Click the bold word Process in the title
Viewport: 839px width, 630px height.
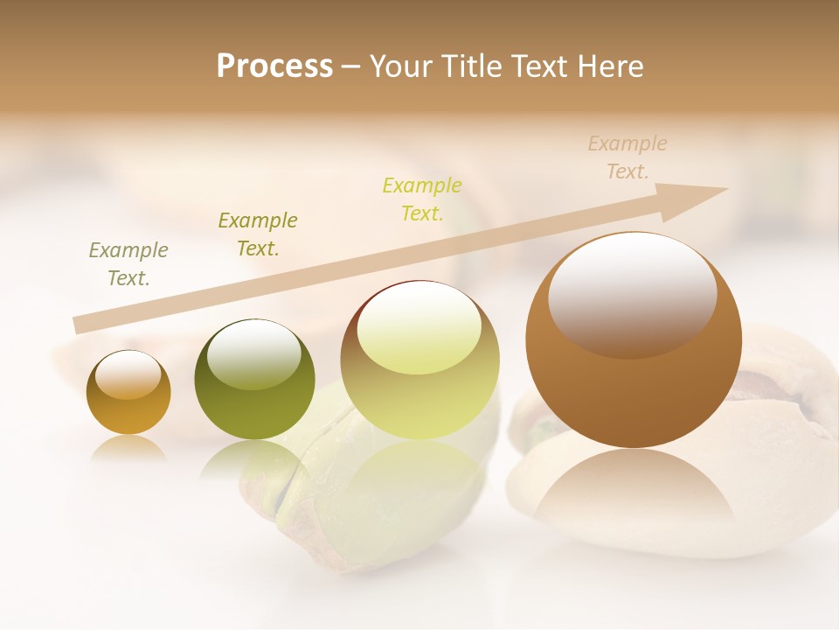(x=274, y=66)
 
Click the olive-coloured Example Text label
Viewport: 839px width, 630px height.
(x=258, y=234)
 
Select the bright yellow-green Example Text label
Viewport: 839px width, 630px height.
(x=422, y=199)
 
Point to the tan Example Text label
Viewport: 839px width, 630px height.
(x=628, y=157)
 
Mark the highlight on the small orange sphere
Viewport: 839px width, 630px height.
(x=128, y=374)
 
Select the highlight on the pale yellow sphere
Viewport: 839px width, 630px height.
(x=419, y=325)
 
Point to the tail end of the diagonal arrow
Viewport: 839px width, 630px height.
(x=80, y=325)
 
